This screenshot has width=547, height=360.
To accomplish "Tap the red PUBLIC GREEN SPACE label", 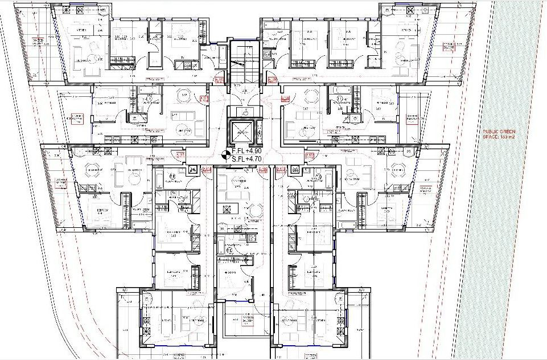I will coord(498,134).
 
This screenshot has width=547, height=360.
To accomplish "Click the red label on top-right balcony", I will coord(454,46).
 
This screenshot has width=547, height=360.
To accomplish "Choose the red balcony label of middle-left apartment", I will coord(76,119).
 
